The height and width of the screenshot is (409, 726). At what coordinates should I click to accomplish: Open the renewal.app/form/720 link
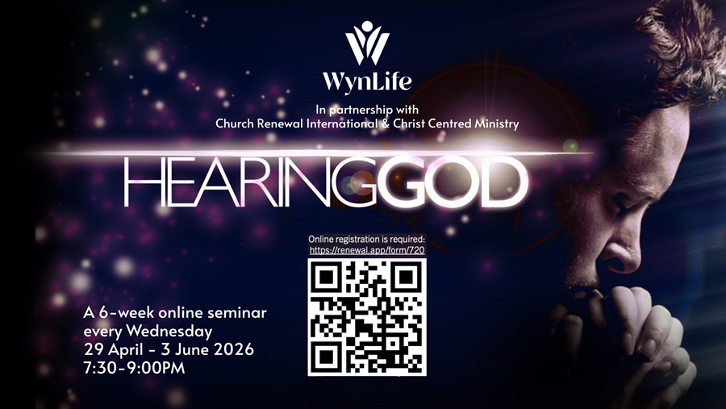pyautogui.click(x=367, y=250)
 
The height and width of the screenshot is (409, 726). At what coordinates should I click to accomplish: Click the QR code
pyautogui.click(x=367, y=316)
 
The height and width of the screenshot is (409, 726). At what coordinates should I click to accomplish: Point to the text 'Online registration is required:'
pyautogui.click(x=366, y=240)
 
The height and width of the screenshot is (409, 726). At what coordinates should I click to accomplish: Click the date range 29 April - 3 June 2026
pyautogui.click(x=169, y=349)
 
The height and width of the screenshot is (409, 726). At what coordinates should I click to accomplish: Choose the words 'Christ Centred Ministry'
pyautogui.click(x=461, y=124)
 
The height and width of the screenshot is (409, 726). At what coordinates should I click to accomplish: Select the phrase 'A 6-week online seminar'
pyautogui.click(x=175, y=312)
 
